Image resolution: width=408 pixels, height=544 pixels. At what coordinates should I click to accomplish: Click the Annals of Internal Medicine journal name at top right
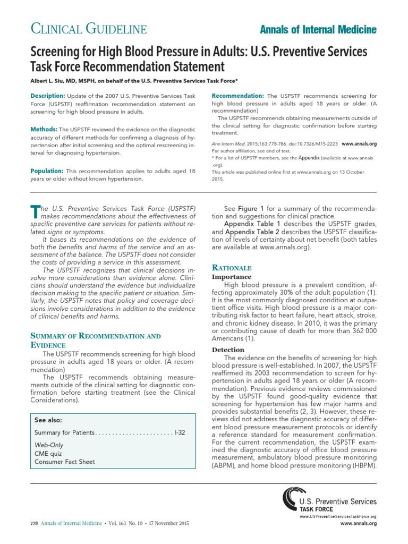318,29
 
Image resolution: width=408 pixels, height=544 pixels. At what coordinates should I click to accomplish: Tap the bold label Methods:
44,129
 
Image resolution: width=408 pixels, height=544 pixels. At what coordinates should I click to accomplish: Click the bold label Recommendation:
238,96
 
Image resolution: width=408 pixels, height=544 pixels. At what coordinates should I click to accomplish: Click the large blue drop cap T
36,211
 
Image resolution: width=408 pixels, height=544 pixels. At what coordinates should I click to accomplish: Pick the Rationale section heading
232,268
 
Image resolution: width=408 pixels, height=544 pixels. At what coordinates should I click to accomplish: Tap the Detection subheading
228,350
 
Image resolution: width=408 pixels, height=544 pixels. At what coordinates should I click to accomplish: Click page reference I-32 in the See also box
180,433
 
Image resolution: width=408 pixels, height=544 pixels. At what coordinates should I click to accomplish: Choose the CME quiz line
48,454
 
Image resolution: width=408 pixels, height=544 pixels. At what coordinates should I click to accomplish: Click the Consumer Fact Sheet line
65,462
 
